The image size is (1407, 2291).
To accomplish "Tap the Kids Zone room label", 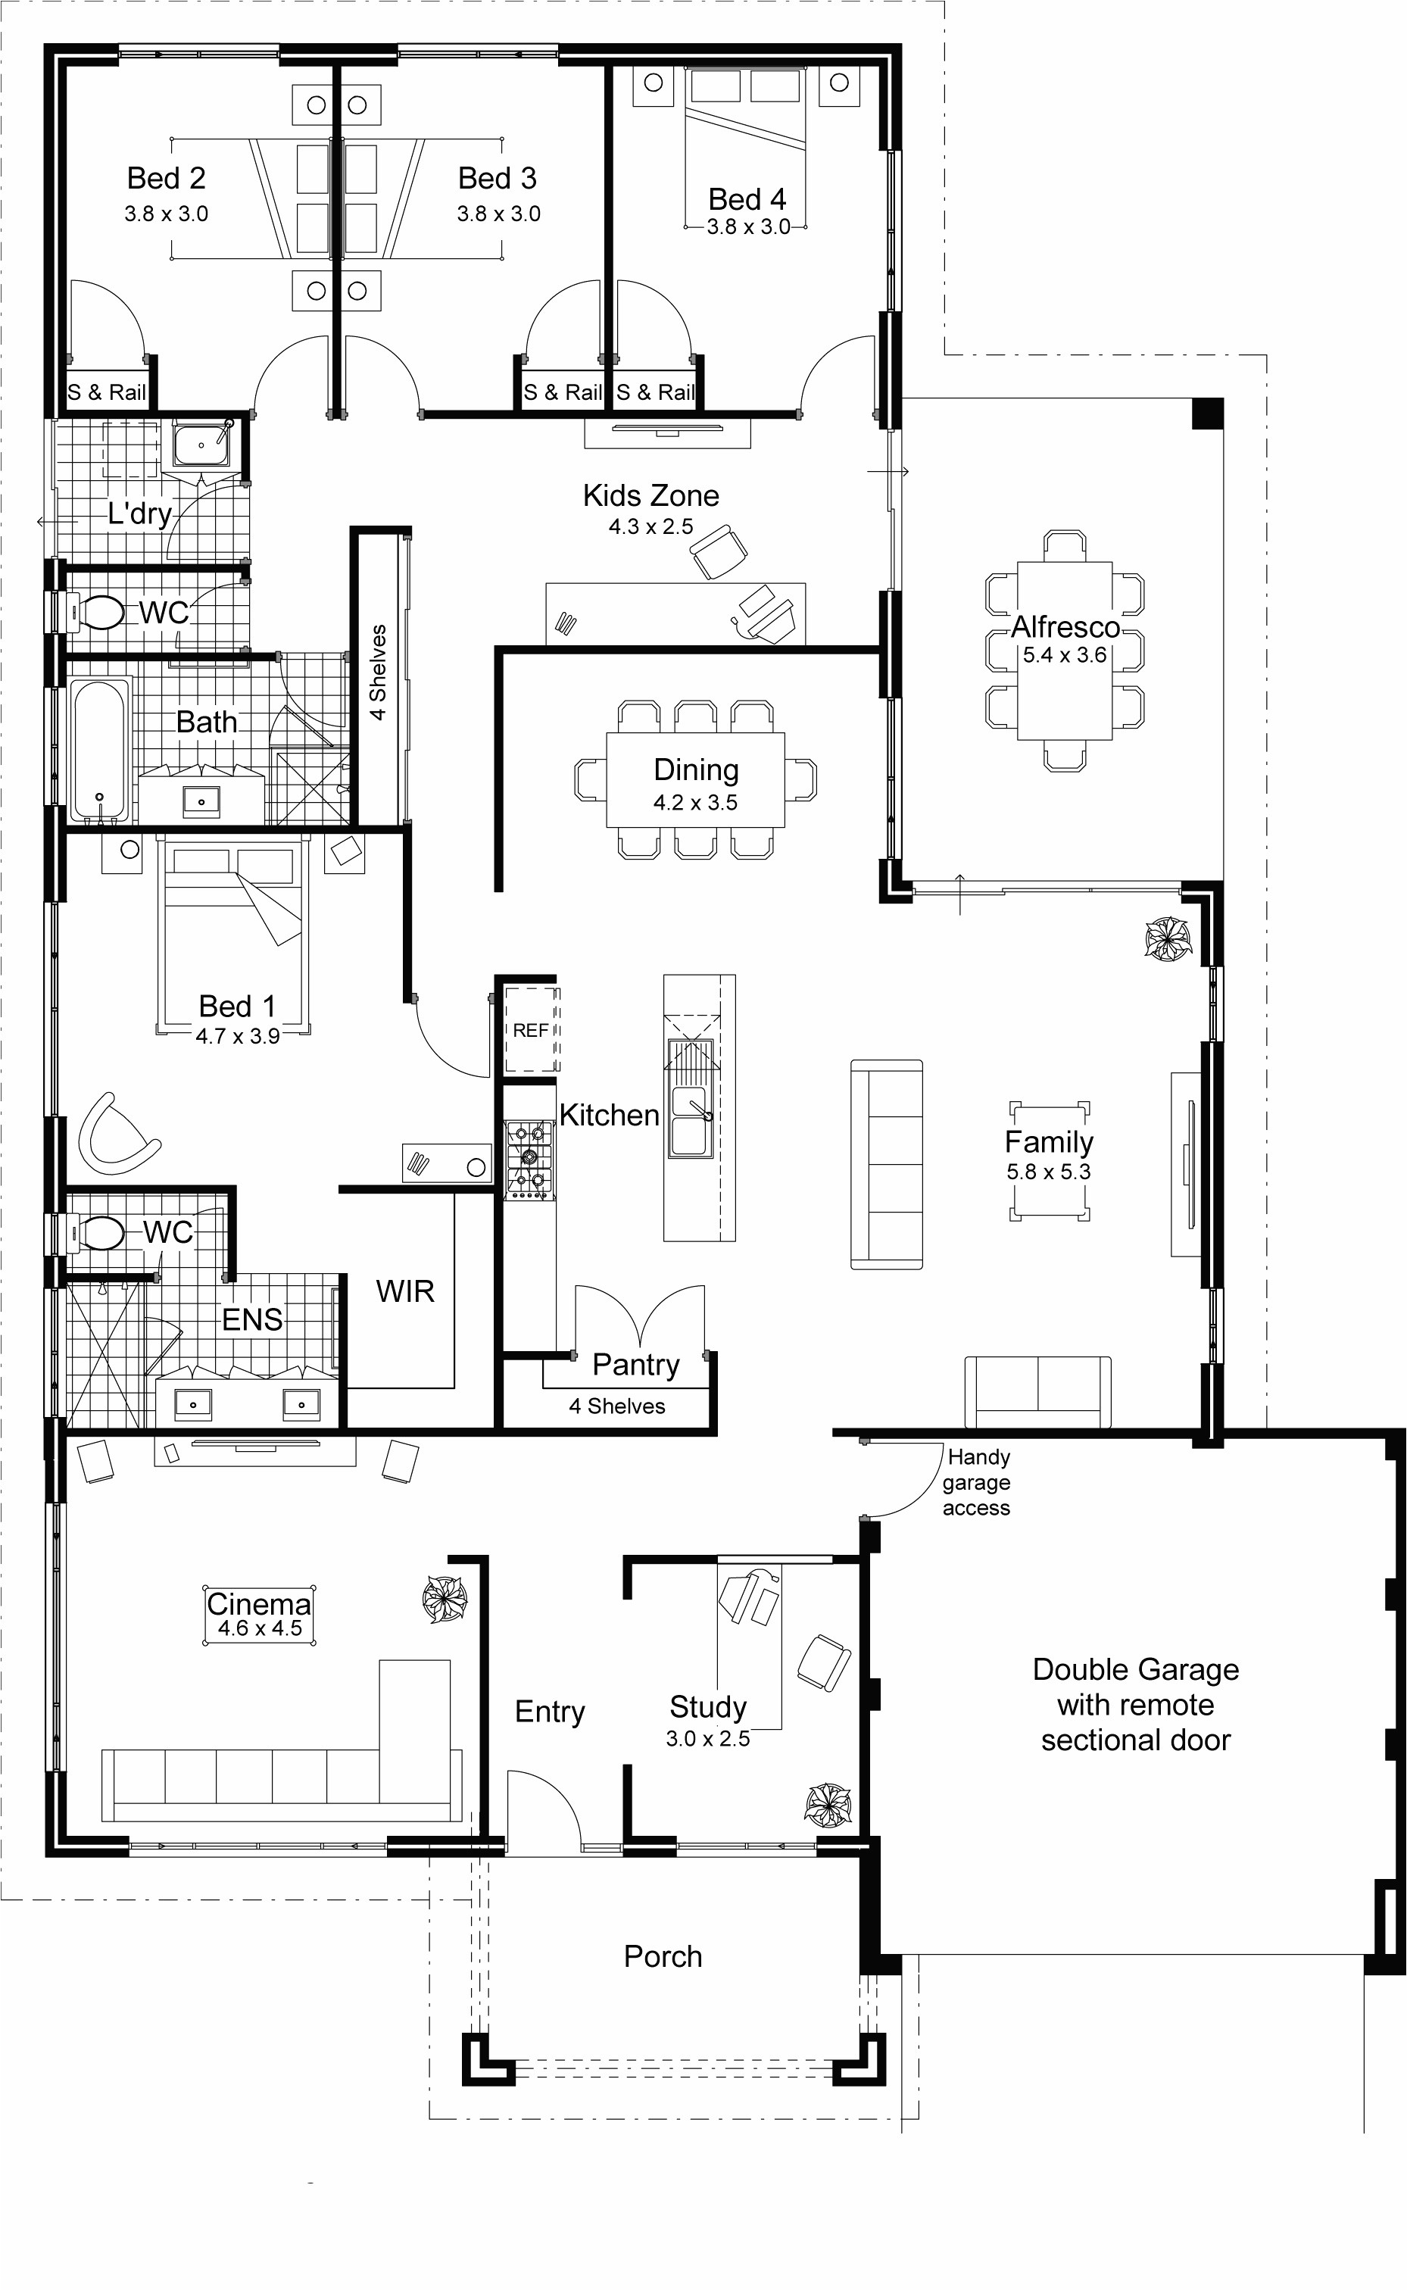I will coord(650,495).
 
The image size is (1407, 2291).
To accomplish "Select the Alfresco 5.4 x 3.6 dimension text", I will coord(1065,655).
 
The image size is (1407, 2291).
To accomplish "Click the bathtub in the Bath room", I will coord(99,750).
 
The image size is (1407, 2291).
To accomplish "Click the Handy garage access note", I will coord(976,1482).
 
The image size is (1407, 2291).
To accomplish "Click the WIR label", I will coord(405,1291).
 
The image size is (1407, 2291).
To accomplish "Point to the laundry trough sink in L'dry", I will coord(200,443).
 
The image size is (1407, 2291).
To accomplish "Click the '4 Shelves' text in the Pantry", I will coord(617,1406).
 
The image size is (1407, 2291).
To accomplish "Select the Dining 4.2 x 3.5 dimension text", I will coord(695,802).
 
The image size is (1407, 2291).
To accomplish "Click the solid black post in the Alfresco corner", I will coord(1207,414).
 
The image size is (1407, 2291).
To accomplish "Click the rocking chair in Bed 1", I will coord(114,1135).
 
